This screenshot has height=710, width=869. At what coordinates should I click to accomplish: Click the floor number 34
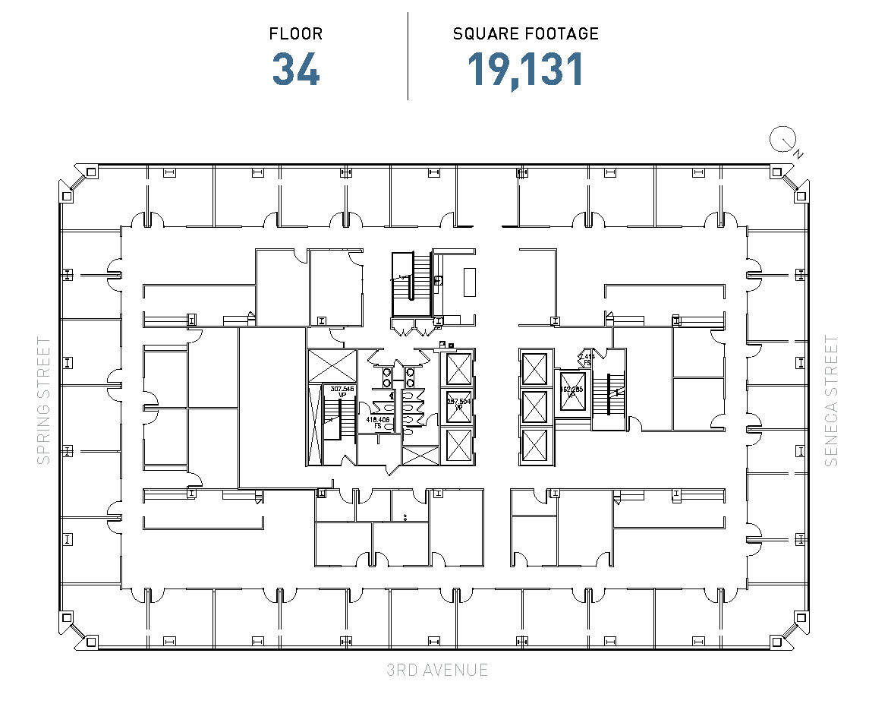click(x=296, y=68)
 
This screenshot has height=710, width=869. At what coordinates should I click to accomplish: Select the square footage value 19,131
click(x=525, y=68)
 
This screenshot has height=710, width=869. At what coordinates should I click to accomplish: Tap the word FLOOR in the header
click(x=296, y=34)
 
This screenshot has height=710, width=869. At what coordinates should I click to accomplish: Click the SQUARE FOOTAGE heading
click(x=525, y=34)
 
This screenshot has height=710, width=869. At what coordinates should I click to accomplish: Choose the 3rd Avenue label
click(x=436, y=670)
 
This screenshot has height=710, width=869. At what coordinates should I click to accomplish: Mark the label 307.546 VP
click(x=342, y=391)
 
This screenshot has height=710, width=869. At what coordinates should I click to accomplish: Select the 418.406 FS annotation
click(x=378, y=422)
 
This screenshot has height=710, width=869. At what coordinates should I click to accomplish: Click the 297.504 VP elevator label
click(x=458, y=403)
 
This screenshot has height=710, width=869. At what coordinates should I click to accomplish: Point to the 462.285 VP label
click(x=571, y=393)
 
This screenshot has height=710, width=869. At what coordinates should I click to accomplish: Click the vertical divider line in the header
click(x=408, y=55)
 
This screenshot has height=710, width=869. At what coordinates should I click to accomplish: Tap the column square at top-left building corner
click(x=90, y=172)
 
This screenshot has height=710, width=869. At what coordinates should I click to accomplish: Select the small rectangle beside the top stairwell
click(x=469, y=282)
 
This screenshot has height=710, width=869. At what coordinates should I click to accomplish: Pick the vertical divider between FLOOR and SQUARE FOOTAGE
click(x=408, y=55)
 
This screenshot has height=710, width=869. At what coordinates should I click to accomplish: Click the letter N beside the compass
click(x=798, y=154)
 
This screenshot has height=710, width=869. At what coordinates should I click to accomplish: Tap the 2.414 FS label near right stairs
click(x=587, y=358)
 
